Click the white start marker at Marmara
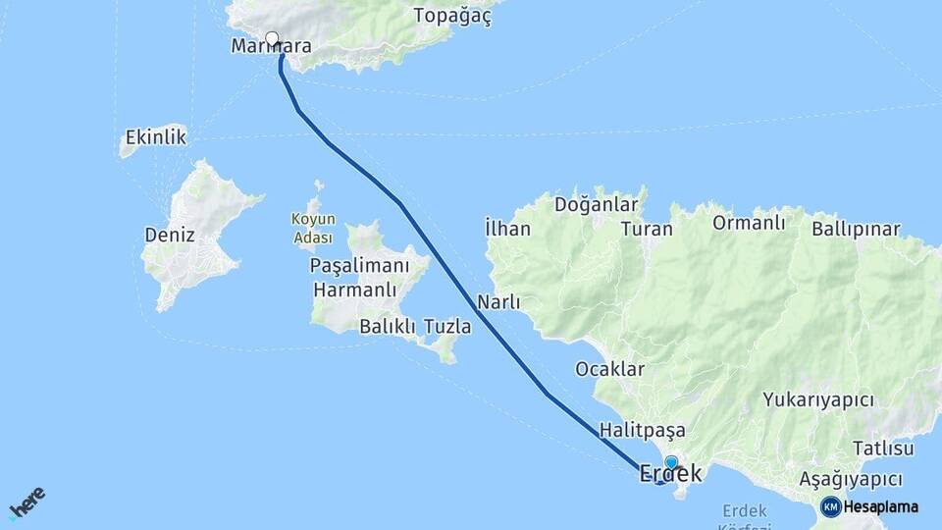point(272,39)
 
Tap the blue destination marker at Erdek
point(671,461)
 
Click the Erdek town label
point(670,473)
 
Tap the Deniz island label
point(170,236)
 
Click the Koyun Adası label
point(313,228)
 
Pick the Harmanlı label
point(354,290)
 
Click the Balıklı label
point(388,326)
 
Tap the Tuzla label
point(447,326)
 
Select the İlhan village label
point(507,229)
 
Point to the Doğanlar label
point(596,205)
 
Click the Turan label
point(647,230)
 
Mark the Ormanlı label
point(749,223)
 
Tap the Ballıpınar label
point(856,230)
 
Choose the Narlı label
point(498,301)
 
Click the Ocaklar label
point(609,369)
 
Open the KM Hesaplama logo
point(869,506)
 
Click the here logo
point(26,503)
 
